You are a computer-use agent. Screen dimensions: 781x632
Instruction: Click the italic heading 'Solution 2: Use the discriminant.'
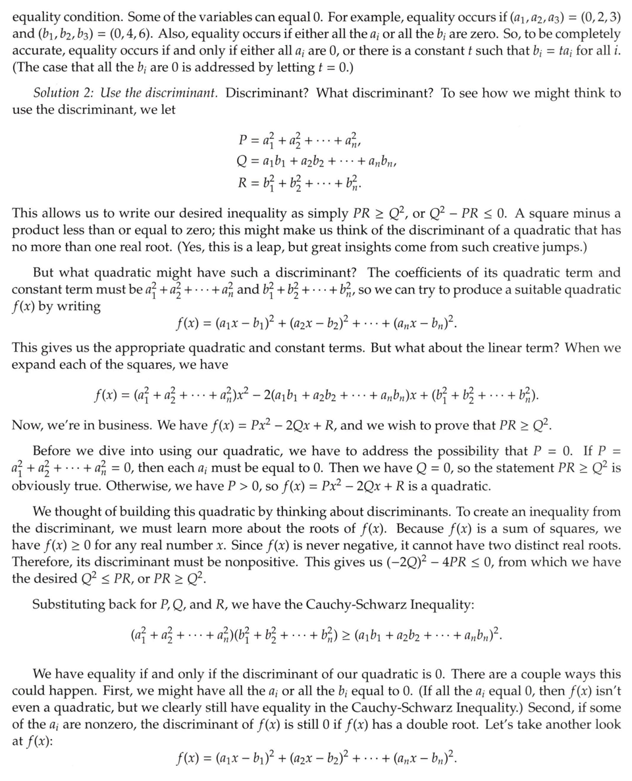(125, 93)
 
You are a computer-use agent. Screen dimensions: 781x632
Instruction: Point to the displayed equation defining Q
(315, 161)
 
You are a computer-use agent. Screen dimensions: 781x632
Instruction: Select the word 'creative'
(528, 248)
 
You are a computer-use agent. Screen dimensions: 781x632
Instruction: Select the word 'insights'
(400, 248)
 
